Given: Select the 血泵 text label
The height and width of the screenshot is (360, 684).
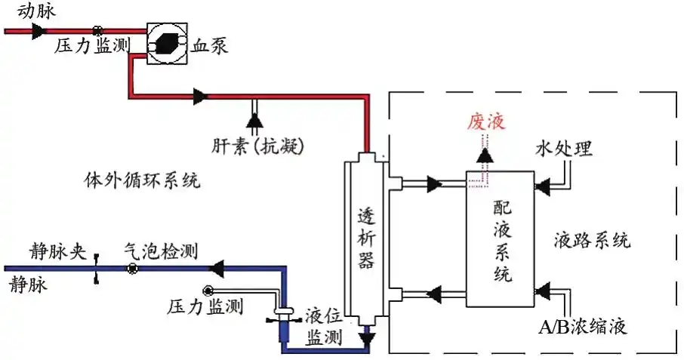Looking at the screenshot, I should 209,45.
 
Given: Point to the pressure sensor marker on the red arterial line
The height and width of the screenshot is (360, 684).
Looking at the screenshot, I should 97,31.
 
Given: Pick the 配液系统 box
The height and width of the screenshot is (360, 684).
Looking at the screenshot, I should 501,238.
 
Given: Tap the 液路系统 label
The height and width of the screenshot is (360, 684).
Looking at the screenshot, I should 592,241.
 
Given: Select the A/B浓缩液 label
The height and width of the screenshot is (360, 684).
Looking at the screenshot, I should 582,328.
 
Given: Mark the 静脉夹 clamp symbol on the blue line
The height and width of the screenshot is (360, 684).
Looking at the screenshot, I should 97,269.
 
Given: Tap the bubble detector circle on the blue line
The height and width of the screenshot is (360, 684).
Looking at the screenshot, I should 131,268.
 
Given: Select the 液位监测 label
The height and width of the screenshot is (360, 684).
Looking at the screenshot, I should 325,326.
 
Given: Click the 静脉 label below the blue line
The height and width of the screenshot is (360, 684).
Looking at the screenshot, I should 27,285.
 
